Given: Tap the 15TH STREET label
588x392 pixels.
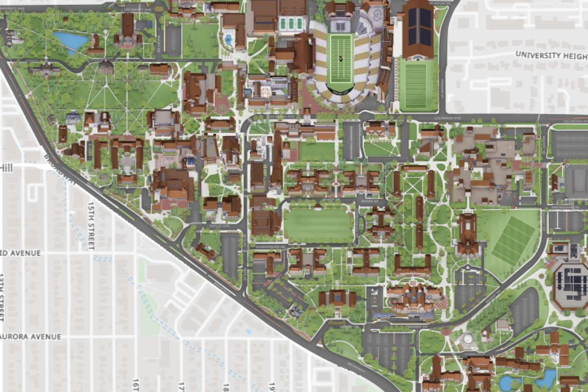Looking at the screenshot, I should (91, 225).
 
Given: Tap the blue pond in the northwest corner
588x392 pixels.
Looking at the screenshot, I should (71, 41).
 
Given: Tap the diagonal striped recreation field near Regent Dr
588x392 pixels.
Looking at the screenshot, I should (513, 240).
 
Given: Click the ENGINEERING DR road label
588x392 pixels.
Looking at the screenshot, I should (563, 208).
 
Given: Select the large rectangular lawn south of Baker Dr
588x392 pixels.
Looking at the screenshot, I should (318, 224).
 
